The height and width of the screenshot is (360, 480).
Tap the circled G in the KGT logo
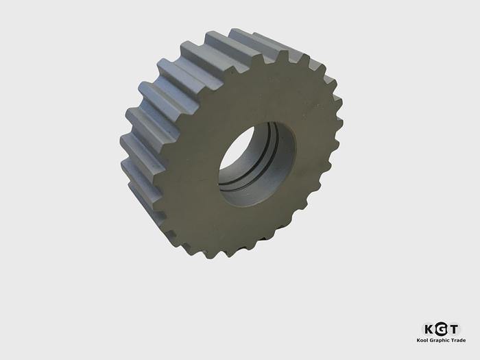click(442, 329)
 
